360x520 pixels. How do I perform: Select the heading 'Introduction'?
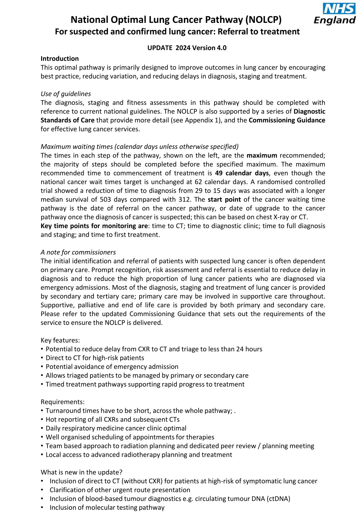[60, 59]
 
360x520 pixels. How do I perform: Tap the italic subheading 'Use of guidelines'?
[66, 94]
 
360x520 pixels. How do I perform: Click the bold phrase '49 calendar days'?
[242, 173]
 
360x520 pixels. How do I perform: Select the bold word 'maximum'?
[262, 155]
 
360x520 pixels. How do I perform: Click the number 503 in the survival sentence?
[105, 199]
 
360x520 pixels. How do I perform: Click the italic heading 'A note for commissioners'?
[78, 252]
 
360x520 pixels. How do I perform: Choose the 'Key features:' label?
[60, 340]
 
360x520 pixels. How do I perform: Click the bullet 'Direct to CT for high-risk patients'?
[95, 358]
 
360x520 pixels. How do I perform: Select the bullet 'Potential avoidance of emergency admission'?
[112, 367]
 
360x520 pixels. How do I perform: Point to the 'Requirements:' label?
[63, 402]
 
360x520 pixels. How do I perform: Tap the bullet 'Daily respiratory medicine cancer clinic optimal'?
[116, 428]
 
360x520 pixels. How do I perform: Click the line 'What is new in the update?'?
[82, 472]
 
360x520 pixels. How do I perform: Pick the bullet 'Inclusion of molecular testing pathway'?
[107, 507]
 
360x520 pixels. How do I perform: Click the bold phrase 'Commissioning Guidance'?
[287, 120]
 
